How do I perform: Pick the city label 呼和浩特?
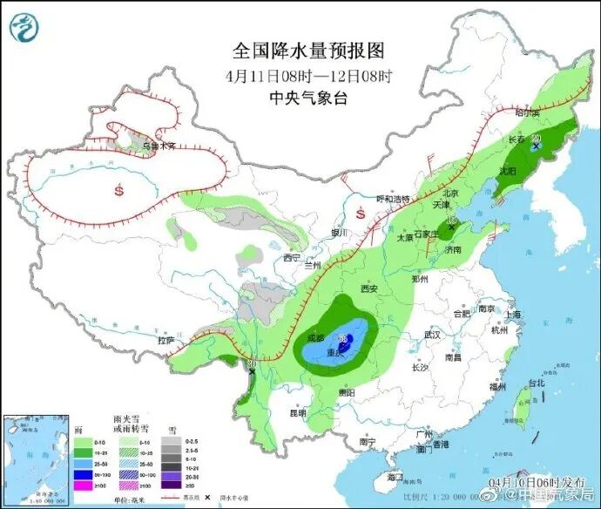pos(392,199)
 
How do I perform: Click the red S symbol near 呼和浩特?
pos(361,212)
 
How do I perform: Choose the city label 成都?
pos(314,337)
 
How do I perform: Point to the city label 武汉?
pos(431,335)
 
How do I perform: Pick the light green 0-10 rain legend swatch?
pos(83,441)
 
